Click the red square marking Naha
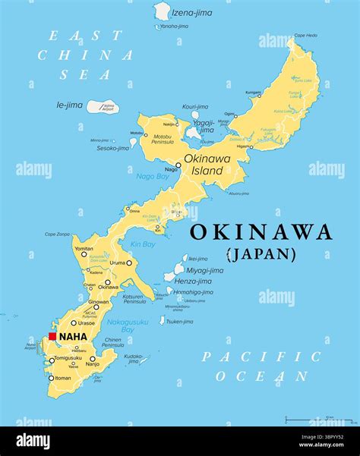click(52, 336)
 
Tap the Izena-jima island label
click(193, 13)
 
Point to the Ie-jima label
click(69, 105)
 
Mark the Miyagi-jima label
click(205, 270)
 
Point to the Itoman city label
click(64, 377)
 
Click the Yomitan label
click(84, 248)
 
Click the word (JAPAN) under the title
click(261, 254)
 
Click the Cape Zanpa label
click(57, 234)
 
